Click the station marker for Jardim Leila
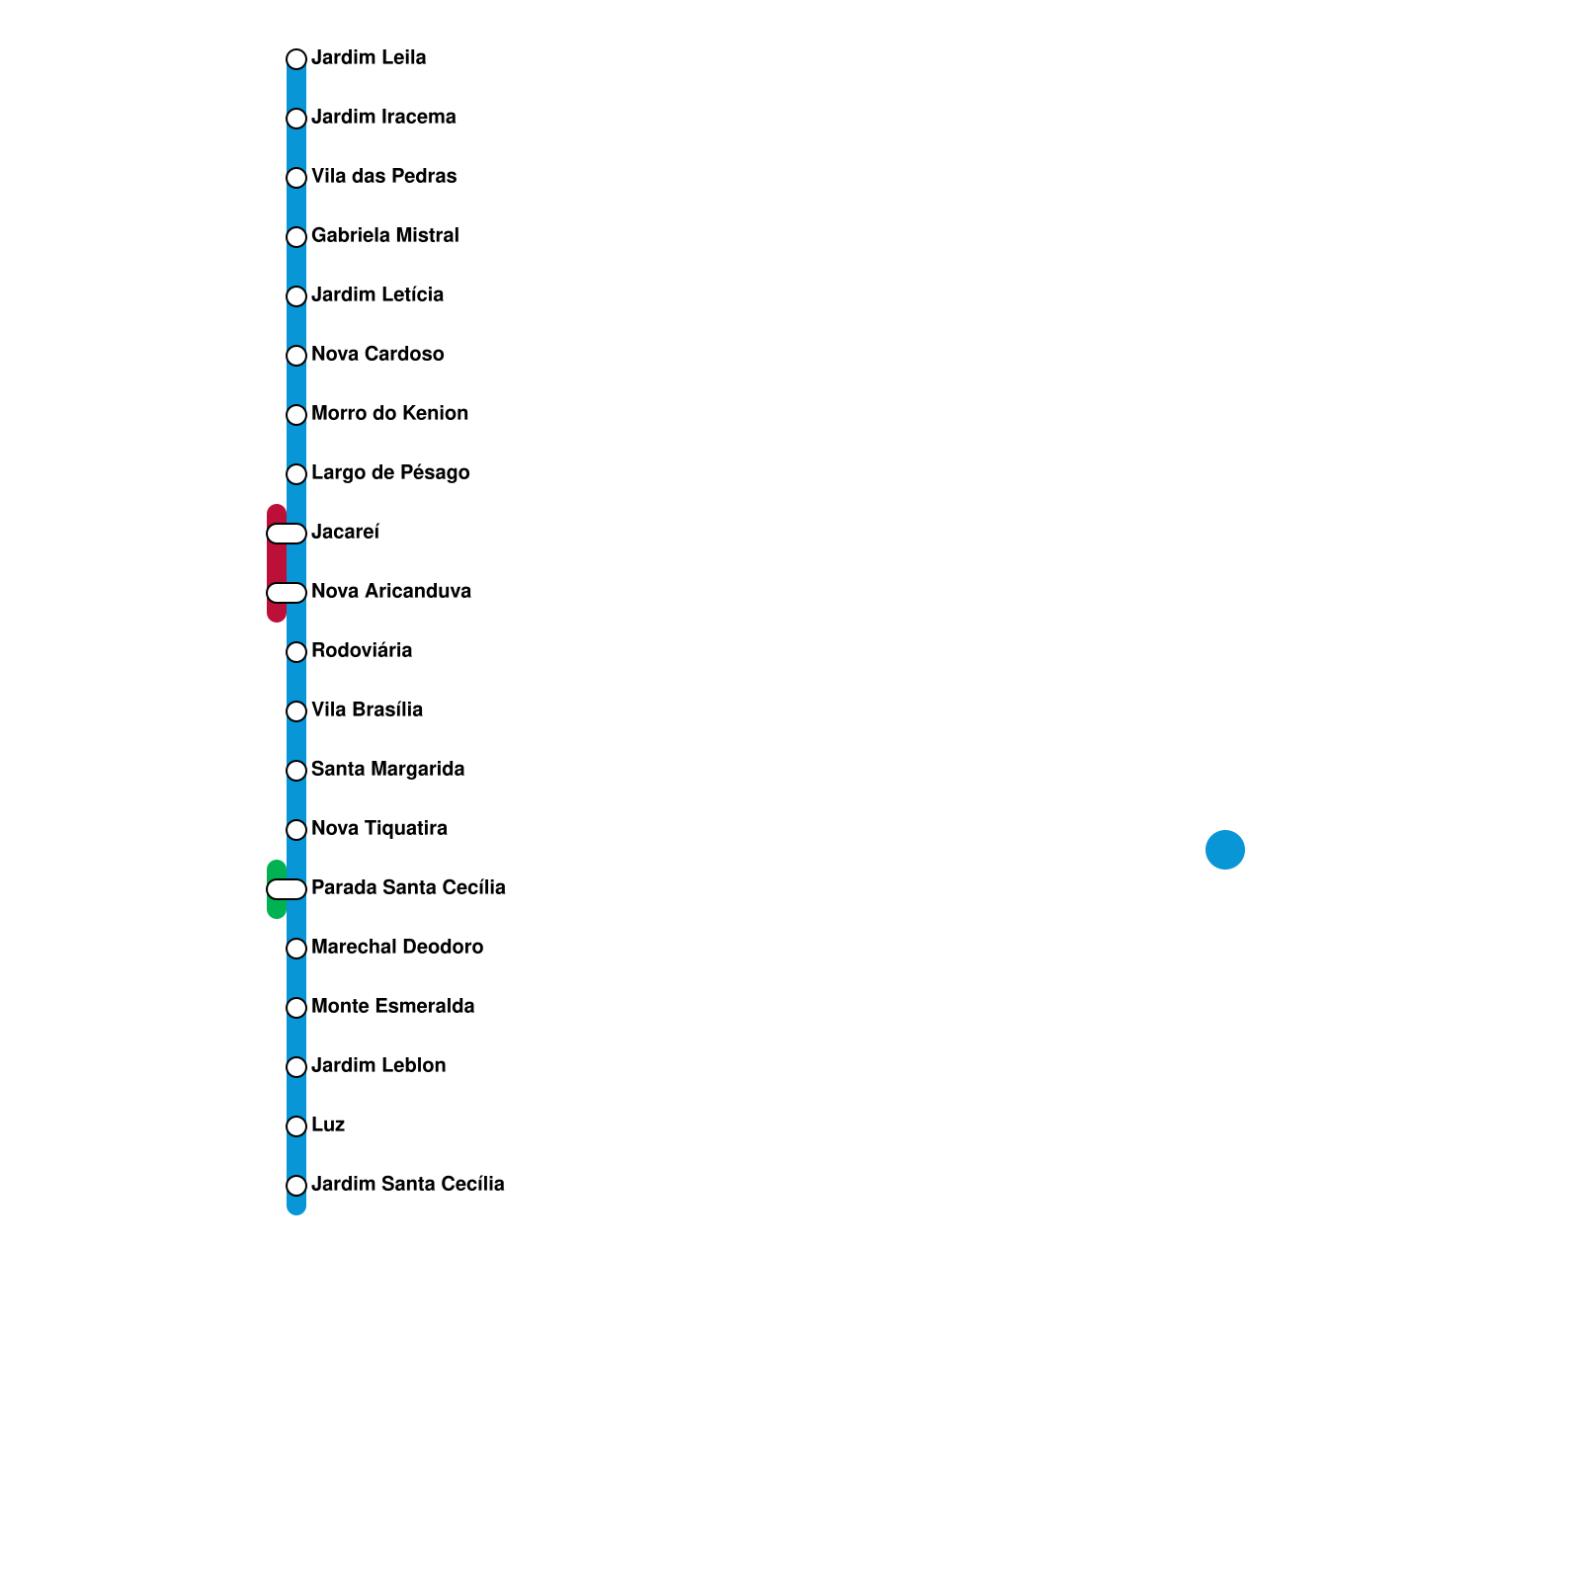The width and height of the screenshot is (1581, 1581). (296, 59)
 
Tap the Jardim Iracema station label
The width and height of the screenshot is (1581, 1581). (383, 118)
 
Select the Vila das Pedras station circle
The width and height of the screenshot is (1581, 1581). (296, 178)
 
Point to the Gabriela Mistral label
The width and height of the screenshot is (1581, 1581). (384, 236)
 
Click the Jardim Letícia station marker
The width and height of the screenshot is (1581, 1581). (296, 296)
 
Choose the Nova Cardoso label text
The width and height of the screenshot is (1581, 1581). (377, 355)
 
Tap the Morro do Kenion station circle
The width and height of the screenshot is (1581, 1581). (296, 415)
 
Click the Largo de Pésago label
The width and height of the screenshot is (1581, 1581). (390, 473)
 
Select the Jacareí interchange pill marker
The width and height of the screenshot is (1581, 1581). (287, 534)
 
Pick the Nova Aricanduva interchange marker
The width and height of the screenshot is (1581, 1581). (287, 593)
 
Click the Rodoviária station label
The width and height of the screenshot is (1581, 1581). (362, 651)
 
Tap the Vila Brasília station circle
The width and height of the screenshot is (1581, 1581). (296, 711)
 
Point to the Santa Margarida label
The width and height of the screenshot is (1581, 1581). (387, 770)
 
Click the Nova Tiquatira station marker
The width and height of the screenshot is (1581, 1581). (296, 830)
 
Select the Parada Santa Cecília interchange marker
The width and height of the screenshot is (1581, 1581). (287, 889)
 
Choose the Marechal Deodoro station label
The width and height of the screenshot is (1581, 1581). (397, 948)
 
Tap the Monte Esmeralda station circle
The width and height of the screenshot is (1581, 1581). (296, 1008)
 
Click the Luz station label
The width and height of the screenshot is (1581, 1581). (328, 1125)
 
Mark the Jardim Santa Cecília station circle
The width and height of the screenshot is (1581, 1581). (296, 1186)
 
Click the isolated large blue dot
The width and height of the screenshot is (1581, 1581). (1225, 850)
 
